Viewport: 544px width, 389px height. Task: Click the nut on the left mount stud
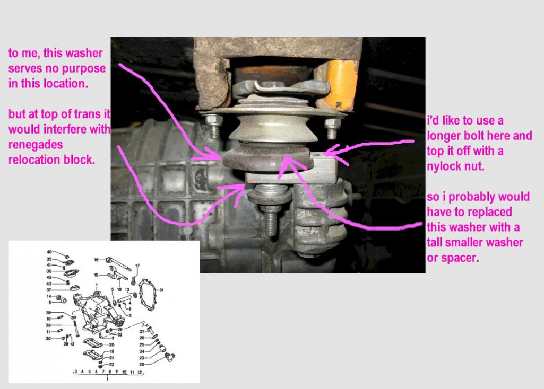[214, 121]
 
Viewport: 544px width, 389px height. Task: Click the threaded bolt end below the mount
[270, 220]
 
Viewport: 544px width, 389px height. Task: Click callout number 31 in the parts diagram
[161, 289]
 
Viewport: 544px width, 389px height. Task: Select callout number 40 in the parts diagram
[49, 251]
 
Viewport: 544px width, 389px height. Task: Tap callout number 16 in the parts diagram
[97, 260]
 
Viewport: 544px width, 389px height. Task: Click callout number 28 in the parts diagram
[142, 365]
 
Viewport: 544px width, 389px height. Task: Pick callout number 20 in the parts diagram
[111, 344]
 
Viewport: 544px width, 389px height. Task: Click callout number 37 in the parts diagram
[49, 290]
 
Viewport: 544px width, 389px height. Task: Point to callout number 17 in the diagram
[137, 265]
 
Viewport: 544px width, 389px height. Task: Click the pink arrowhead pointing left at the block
[325, 154]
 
